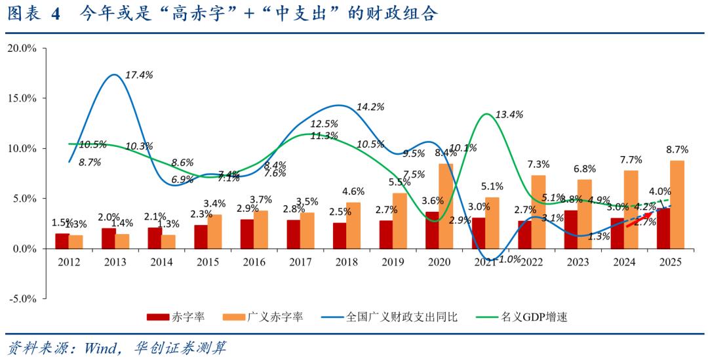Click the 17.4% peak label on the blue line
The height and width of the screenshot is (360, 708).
pos(138,75)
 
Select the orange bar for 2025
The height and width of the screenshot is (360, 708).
pos(678,205)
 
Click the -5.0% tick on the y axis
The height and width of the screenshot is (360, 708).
pos(24,299)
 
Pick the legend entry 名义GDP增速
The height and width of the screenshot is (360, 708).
pos(534,317)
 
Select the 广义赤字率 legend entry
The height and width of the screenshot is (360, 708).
pos(275,317)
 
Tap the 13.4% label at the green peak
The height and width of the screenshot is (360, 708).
pos(509,115)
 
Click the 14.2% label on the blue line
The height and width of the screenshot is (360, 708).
pos(370,107)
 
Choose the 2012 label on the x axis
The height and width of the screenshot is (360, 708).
pos(69,262)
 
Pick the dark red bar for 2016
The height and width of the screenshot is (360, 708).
pos(246,234)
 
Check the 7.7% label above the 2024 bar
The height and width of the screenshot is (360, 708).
pos(631,160)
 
